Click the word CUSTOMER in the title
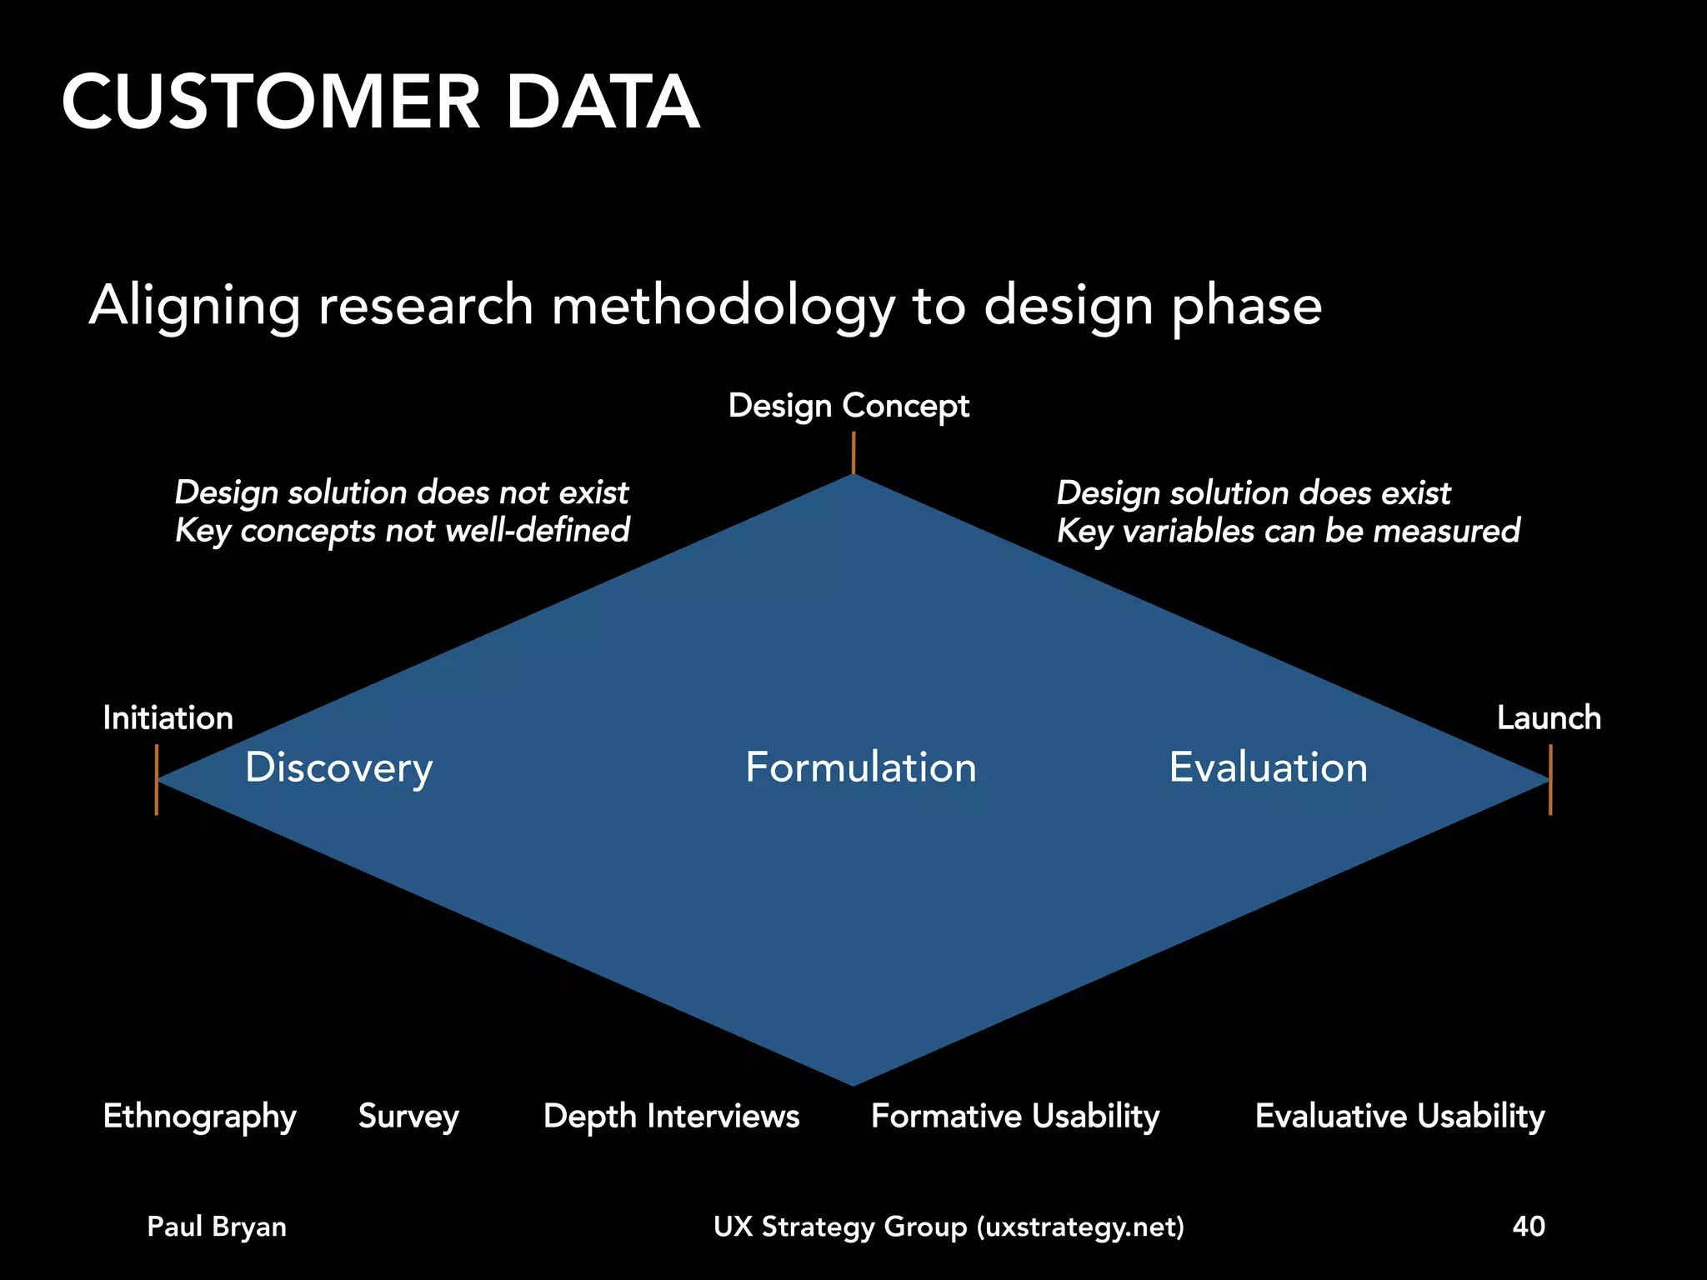(x=271, y=102)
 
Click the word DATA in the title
(x=602, y=102)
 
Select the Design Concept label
(x=848, y=406)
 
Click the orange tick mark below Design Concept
(x=853, y=452)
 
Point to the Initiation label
(x=168, y=718)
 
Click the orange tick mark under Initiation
(x=157, y=779)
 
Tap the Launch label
(x=1549, y=718)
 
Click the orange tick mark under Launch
(x=1550, y=779)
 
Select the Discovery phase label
(x=338, y=767)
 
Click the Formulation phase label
(x=860, y=767)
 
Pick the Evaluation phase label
(x=1268, y=767)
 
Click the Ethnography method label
(x=199, y=1117)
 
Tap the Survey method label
(x=408, y=1117)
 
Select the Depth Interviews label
(x=671, y=1117)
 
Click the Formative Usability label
(x=1015, y=1117)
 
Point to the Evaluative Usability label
(x=1399, y=1117)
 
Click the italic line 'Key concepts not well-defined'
(x=402, y=531)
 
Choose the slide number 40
(x=1529, y=1227)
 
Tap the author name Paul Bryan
(x=217, y=1227)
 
